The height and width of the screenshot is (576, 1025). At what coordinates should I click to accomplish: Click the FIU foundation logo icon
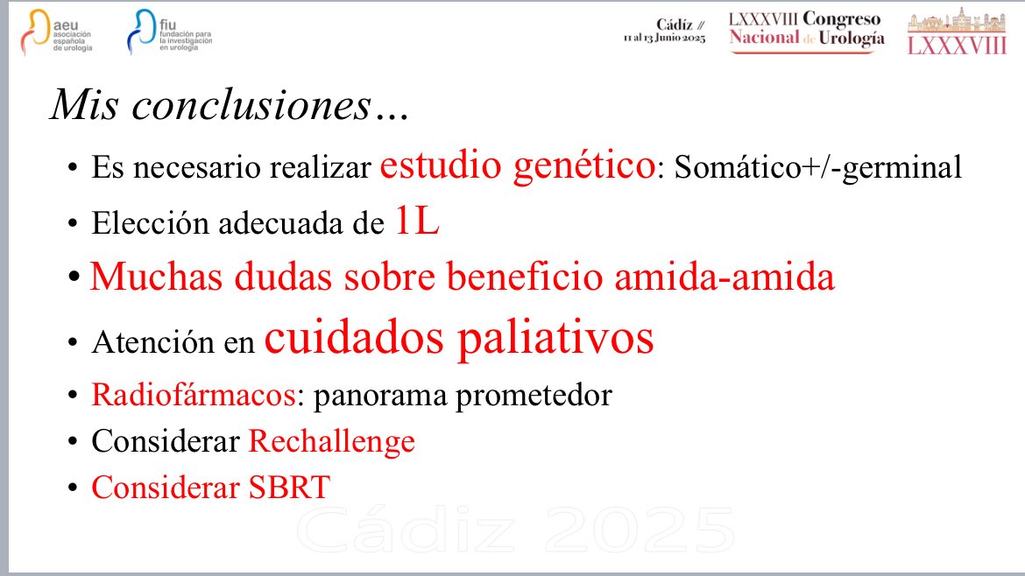click(x=139, y=33)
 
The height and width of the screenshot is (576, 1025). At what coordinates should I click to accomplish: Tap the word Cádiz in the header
click(x=676, y=25)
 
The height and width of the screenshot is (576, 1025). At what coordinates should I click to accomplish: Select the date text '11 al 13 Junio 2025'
click(x=664, y=39)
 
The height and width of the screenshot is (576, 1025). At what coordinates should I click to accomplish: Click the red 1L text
click(x=416, y=222)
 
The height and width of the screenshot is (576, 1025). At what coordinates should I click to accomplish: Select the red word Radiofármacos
click(x=192, y=395)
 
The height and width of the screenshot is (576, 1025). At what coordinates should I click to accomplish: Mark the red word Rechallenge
click(x=331, y=441)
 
